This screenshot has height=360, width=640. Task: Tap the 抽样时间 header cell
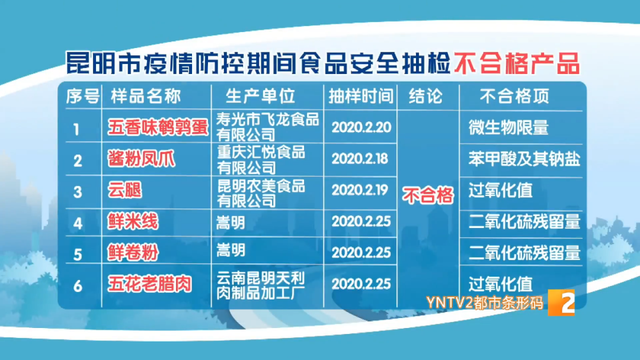[x=359, y=97]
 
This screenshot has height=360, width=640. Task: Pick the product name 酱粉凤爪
[x=138, y=158]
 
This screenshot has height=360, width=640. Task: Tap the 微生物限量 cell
[x=509, y=128]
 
